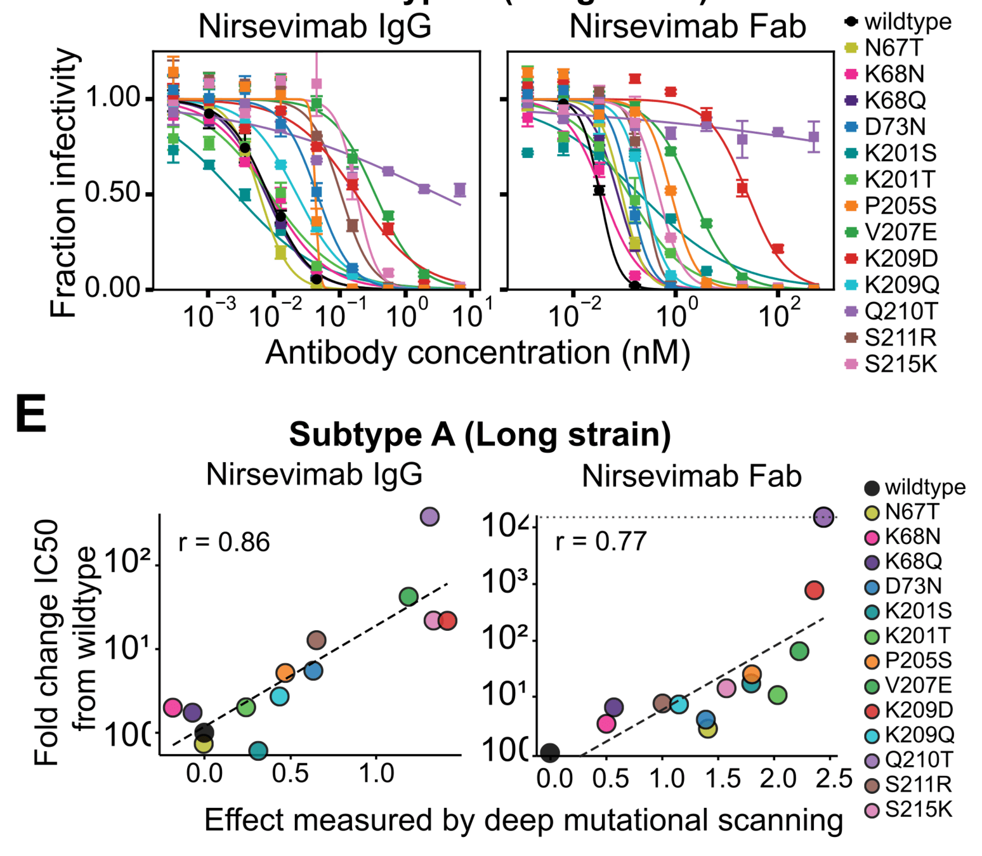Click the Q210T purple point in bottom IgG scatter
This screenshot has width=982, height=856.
(x=429, y=517)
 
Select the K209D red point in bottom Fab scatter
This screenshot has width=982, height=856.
(x=814, y=590)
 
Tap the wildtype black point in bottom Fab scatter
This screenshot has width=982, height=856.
(x=550, y=753)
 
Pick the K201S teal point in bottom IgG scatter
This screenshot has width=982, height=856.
(x=258, y=751)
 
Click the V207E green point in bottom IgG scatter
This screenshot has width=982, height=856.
(x=409, y=596)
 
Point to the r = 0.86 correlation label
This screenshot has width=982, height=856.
(x=224, y=543)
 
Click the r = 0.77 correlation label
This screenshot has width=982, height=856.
(x=601, y=541)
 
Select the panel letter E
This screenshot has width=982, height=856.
(x=31, y=413)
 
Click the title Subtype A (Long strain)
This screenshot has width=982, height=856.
(x=480, y=435)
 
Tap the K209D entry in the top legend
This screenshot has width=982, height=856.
(x=901, y=259)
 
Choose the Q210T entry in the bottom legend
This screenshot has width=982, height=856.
(x=919, y=760)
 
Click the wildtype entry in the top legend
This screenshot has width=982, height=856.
(x=907, y=22)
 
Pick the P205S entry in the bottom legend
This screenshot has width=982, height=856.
(x=918, y=661)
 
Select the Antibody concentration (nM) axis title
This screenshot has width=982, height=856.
(x=477, y=353)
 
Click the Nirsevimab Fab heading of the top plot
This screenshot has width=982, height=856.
(x=687, y=27)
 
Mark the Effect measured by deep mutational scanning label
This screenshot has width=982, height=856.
(x=523, y=820)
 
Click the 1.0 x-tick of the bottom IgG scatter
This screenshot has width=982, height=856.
(x=377, y=774)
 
